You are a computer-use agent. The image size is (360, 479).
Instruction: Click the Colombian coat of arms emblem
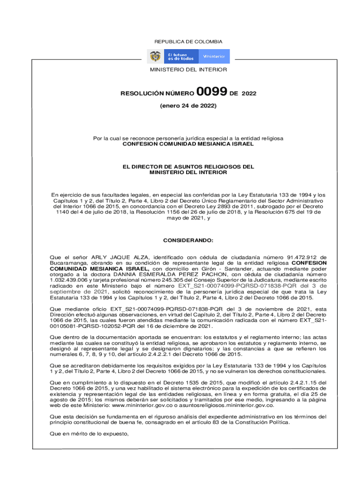pos(155,57)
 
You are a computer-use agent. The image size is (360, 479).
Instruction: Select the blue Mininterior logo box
pos(214,57)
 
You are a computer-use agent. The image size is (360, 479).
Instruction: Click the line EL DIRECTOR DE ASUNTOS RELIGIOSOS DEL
pos(188,167)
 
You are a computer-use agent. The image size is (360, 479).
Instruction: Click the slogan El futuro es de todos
pos(181,57)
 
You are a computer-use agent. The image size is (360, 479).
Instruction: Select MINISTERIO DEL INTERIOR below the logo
pos(188,70)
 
